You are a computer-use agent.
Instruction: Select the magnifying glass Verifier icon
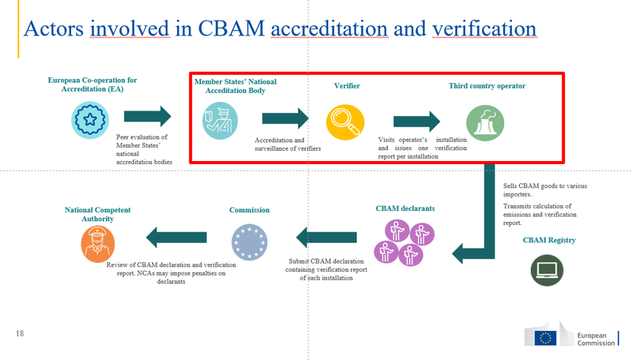tap(345, 122)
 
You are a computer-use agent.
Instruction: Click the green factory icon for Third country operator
tap(484, 122)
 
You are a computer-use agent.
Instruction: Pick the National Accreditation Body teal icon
tap(220, 121)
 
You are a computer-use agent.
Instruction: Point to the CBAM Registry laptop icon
tap(547, 270)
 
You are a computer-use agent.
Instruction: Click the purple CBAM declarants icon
tap(403, 242)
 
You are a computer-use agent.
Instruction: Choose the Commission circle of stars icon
tap(250, 242)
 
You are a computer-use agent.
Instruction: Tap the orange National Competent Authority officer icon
tap(98, 243)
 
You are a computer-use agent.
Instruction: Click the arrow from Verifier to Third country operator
tap(416, 122)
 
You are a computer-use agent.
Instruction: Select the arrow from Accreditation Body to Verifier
tap(285, 119)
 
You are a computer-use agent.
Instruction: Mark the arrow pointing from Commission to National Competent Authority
tap(176, 236)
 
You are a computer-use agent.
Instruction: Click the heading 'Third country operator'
tap(487, 86)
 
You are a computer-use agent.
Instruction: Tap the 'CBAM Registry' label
tap(549, 240)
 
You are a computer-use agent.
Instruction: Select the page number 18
tap(20, 334)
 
